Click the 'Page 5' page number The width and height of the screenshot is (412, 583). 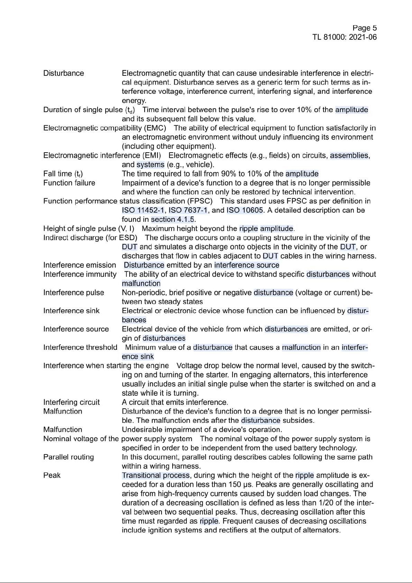[x=365, y=28]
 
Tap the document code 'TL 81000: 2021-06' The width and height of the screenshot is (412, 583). [x=345, y=37]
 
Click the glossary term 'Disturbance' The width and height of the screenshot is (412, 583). [x=64, y=73]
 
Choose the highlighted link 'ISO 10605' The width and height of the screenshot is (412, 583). [x=245, y=210]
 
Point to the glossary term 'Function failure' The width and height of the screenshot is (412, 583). [x=69, y=183]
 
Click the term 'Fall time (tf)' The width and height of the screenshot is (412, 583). [x=63, y=174]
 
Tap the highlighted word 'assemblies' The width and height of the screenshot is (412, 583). [x=349, y=155]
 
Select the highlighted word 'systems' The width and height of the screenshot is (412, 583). [x=150, y=165]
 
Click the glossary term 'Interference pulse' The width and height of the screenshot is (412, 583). [x=74, y=293]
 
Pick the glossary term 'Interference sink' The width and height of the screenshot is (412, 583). [x=71, y=311]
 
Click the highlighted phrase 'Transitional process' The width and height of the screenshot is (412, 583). [x=156, y=475]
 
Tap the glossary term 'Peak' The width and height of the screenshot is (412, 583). [x=52, y=475]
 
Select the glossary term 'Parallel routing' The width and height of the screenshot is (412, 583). [x=68, y=457]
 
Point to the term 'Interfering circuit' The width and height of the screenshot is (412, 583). [x=71, y=402]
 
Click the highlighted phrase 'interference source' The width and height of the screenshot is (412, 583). [x=247, y=265]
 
